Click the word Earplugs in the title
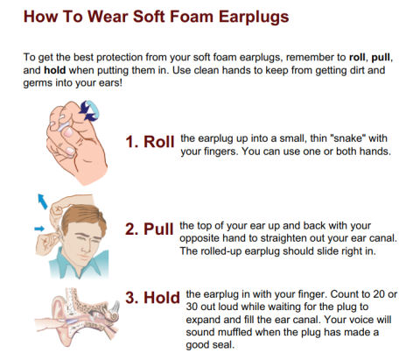coord(254,18)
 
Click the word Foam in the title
coord(192,17)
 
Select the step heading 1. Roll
coord(150,142)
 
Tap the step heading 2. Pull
coord(150,229)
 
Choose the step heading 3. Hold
coord(152,298)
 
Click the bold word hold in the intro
coord(54,70)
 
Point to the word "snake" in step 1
coord(347,138)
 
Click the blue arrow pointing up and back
coord(42,201)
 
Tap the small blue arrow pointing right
coord(39,229)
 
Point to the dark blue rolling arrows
coord(87,111)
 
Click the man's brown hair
coord(85,216)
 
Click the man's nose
coord(86,248)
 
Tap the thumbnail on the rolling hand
coord(68,133)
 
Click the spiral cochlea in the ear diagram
coord(113,316)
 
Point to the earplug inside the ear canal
coord(73,321)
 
